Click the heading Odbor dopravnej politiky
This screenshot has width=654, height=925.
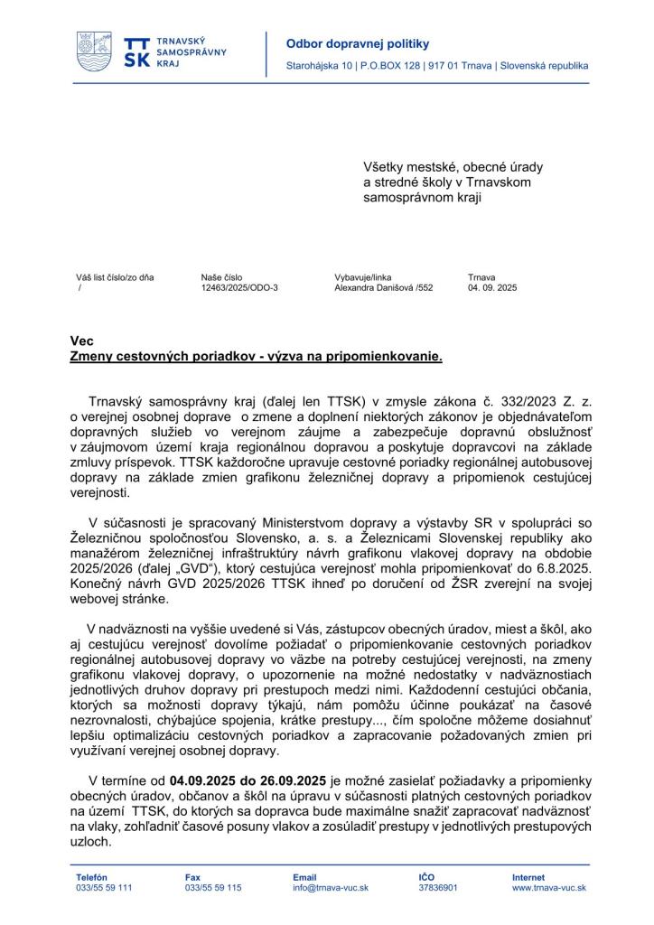point(345,43)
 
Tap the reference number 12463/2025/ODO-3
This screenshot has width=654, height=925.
point(239,288)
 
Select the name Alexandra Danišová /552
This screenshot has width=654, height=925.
point(384,288)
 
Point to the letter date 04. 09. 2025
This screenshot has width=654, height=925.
point(492,288)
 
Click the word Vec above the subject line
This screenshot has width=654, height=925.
point(80,341)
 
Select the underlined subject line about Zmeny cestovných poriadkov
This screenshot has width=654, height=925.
point(257,356)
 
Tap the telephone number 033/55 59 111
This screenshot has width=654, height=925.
point(104,888)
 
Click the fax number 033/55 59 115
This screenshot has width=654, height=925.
point(213,888)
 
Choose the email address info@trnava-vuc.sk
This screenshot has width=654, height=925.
point(331,888)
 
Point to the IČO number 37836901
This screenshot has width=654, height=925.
point(438,888)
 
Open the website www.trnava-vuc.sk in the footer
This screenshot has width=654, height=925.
point(549,888)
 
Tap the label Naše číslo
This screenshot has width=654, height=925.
point(222,277)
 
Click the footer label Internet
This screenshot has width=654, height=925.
point(528,877)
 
